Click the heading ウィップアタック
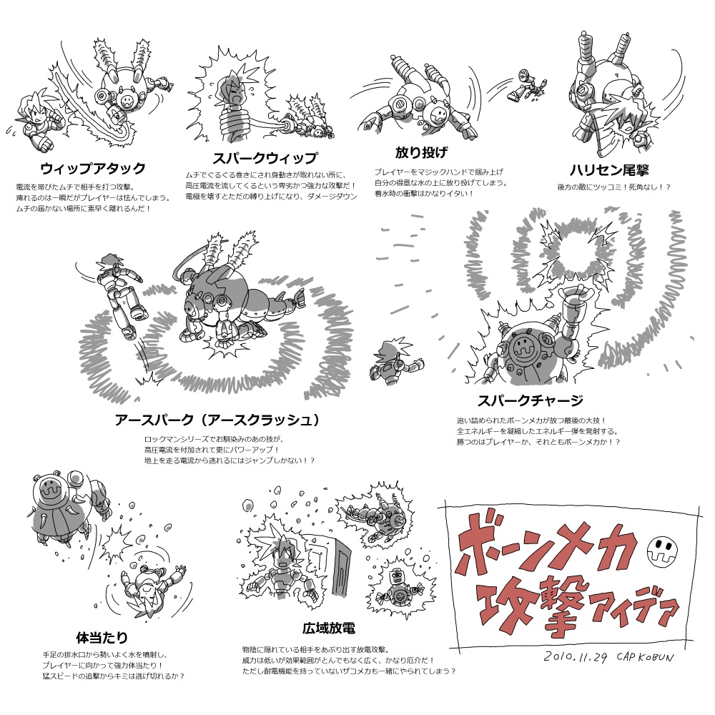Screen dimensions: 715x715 [93, 168]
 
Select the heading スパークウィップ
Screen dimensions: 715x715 [265, 158]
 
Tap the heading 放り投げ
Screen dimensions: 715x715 [421, 152]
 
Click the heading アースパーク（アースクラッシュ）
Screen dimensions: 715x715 [217, 420]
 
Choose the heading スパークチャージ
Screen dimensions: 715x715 [531, 400]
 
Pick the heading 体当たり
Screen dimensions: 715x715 [102, 637]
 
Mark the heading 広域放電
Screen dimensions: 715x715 [328, 628]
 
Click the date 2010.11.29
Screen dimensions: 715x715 [576, 657]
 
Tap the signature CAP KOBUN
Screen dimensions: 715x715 [645, 657]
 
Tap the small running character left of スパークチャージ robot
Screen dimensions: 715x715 [396, 360]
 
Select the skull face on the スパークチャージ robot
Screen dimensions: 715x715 [522, 349]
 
